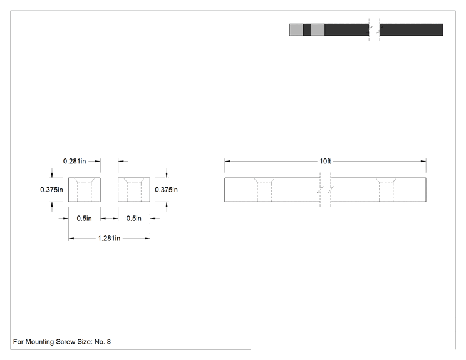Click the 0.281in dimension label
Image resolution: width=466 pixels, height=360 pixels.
click(75, 162)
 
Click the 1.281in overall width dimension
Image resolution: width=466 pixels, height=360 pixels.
click(109, 238)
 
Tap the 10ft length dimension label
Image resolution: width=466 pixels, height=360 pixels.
click(325, 161)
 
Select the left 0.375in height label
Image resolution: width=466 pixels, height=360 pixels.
click(51, 190)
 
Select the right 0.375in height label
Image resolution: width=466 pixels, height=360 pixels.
click(166, 190)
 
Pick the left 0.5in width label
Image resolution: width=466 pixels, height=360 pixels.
click(84, 219)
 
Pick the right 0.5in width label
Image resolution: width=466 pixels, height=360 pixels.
click(134, 219)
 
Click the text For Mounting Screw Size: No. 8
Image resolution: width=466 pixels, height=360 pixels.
click(62, 342)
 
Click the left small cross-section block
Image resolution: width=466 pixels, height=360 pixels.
click(85, 190)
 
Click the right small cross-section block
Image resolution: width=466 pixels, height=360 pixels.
click(134, 190)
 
